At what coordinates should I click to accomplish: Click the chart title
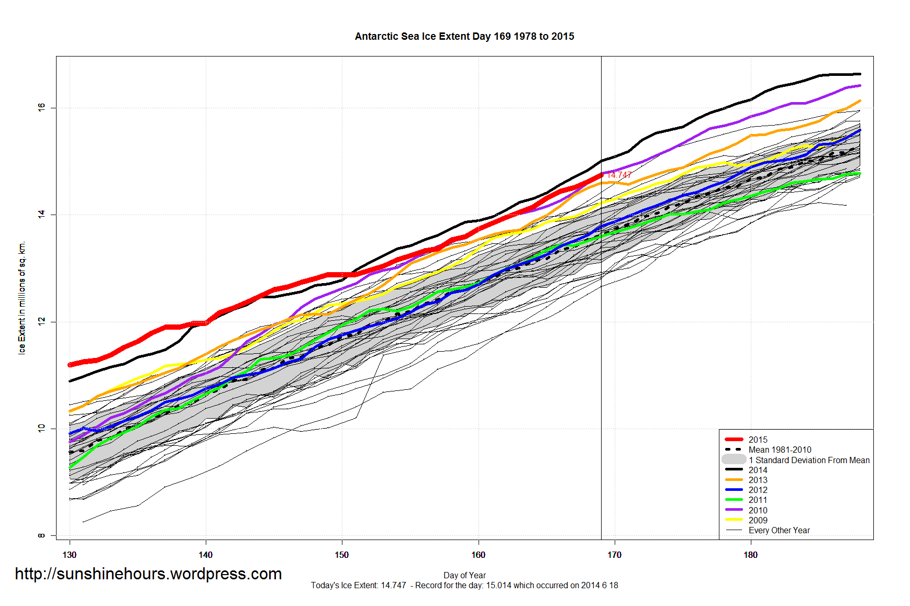[x=464, y=37]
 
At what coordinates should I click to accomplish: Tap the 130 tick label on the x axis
[x=69, y=555]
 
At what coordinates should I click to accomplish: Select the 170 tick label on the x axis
[x=614, y=555]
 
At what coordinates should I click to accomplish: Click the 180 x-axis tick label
[x=750, y=555]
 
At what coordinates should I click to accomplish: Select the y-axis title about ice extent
[x=21, y=298]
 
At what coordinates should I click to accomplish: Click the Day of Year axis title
[x=464, y=575]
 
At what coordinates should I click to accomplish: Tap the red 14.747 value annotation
[x=619, y=175]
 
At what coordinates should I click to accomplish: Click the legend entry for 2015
[x=758, y=440]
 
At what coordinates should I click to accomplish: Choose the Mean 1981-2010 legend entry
[x=780, y=450]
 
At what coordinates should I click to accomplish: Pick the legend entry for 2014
[x=758, y=470]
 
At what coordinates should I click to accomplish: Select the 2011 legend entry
[x=758, y=500]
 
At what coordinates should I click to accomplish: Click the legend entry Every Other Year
[x=779, y=530]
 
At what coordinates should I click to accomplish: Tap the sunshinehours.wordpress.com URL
[x=148, y=574]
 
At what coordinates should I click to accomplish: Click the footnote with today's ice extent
[x=464, y=585]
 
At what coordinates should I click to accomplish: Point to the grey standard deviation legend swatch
[x=734, y=459]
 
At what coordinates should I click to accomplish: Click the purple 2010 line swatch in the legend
[x=734, y=510]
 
